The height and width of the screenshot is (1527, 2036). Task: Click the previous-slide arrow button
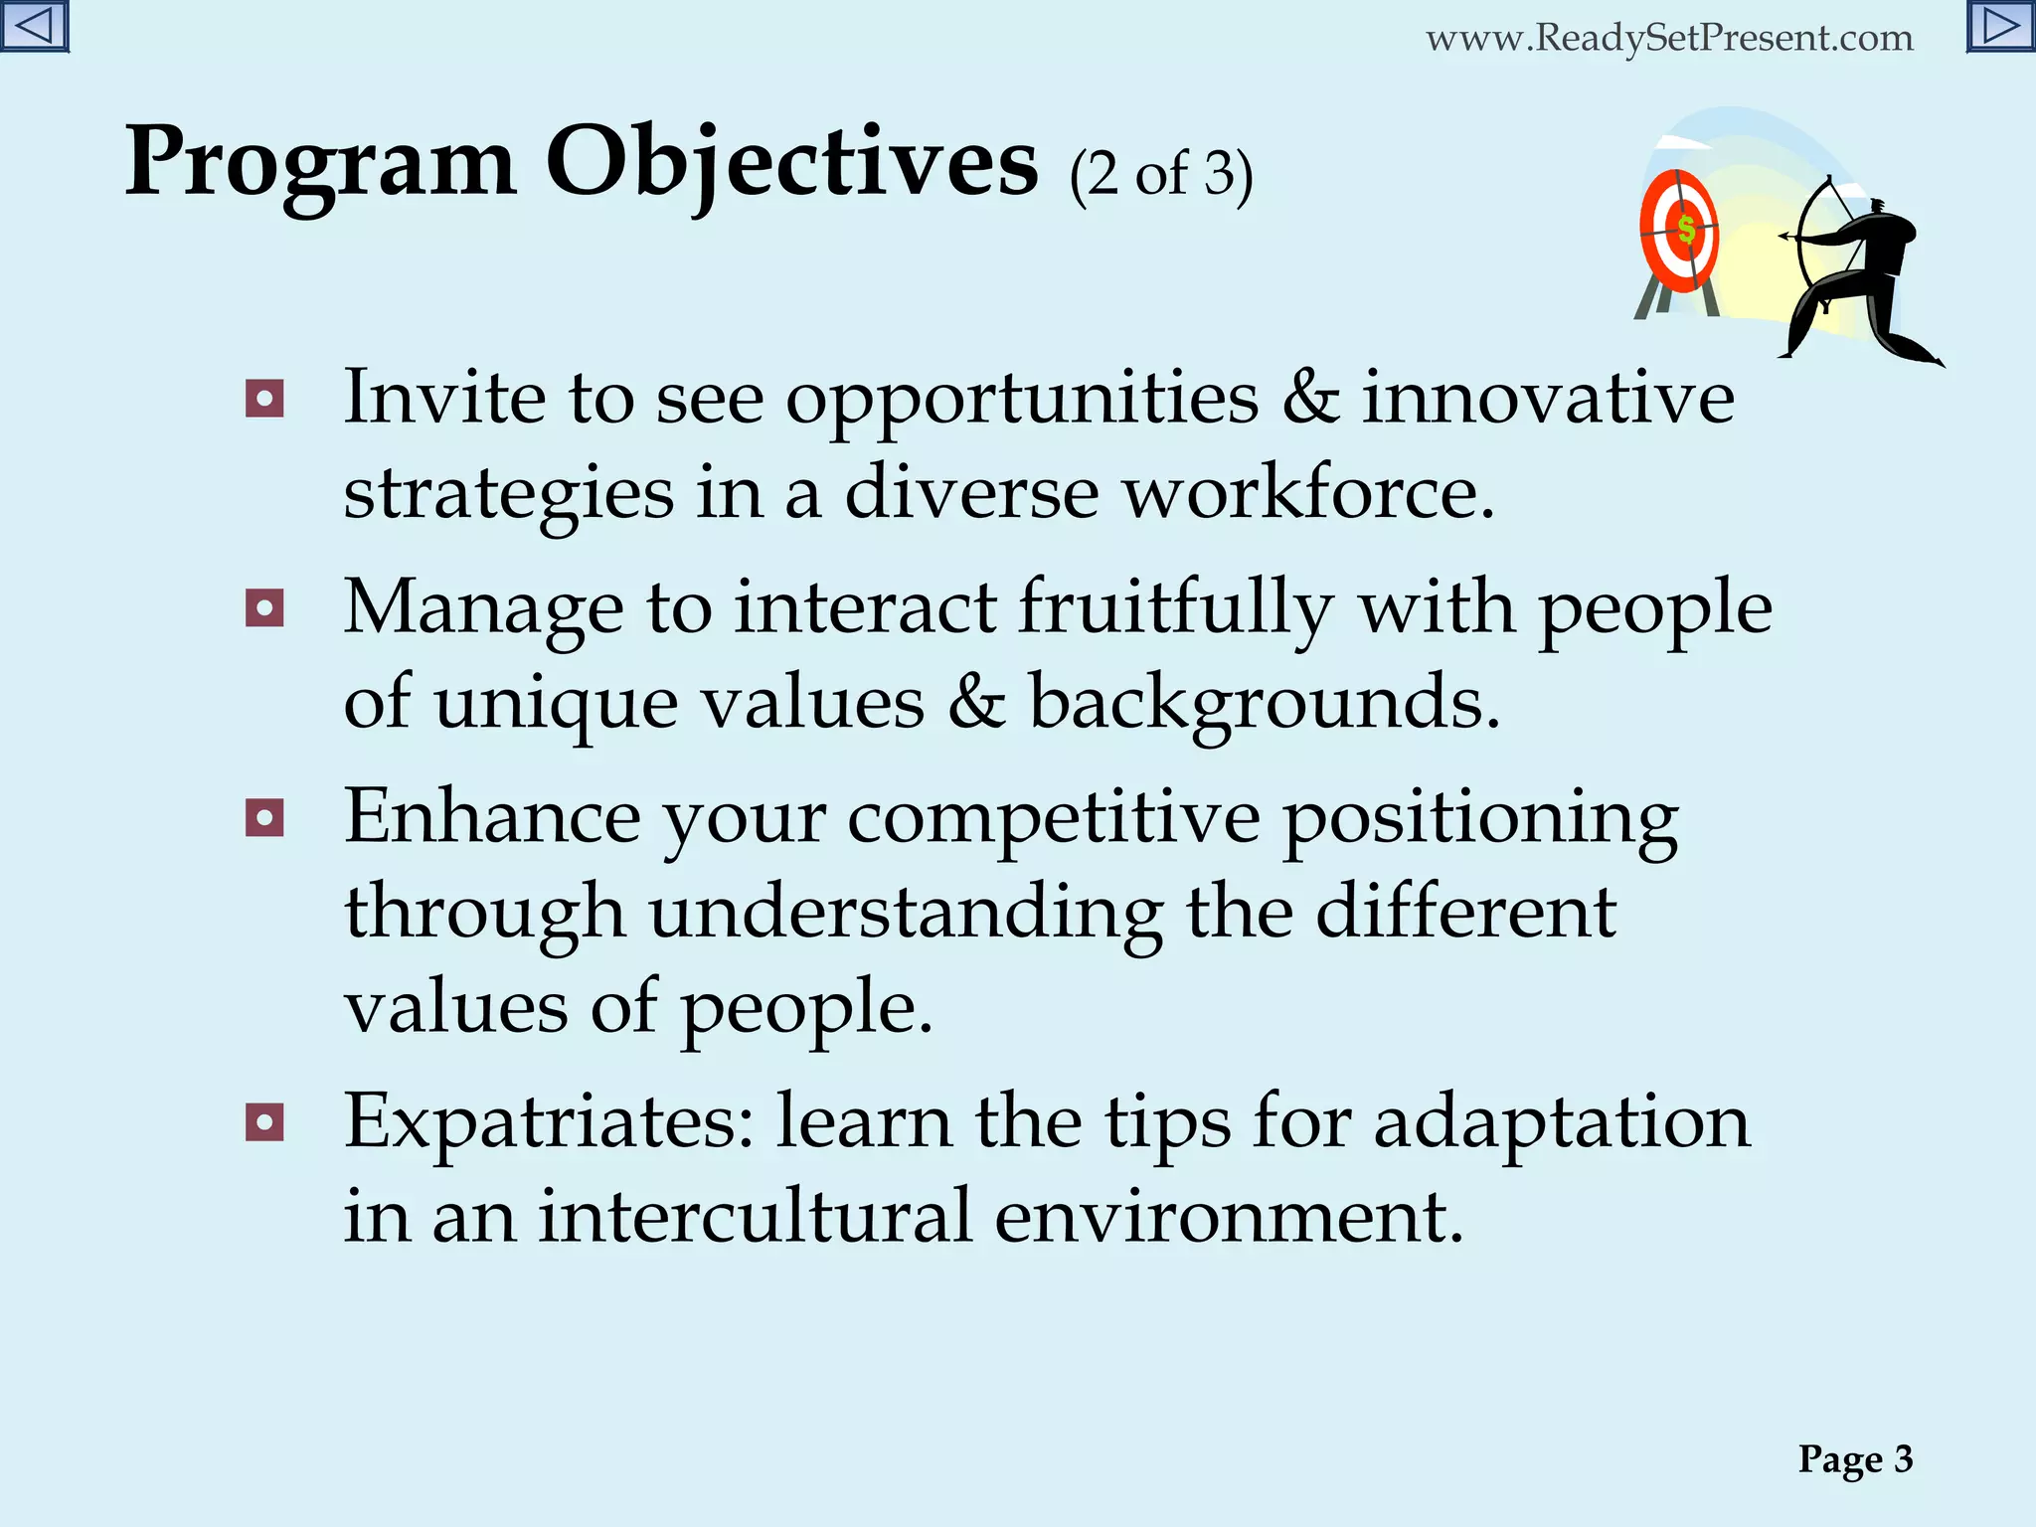click(x=35, y=26)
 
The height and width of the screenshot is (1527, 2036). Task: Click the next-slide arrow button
click(x=2000, y=26)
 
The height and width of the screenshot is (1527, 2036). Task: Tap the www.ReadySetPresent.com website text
click(x=1669, y=39)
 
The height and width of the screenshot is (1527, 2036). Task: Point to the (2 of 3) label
click(x=1160, y=175)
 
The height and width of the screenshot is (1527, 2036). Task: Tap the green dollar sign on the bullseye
click(x=1686, y=230)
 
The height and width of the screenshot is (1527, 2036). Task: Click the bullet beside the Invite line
click(x=264, y=400)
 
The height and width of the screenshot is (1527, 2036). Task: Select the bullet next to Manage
click(x=264, y=608)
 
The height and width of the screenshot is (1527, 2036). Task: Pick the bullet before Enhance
click(x=264, y=818)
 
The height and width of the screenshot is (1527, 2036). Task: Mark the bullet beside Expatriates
click(x=264, y=1123)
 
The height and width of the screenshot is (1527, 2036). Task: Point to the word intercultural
click(x=755, y=1217)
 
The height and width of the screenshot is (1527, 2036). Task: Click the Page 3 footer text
click(x=1855, y=1459)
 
